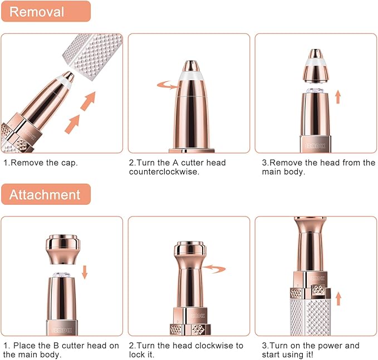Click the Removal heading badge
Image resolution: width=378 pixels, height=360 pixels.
pyautogui.click(x=46, y=11)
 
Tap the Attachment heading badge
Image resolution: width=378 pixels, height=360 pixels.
pyautogui.click(x=46, y=194)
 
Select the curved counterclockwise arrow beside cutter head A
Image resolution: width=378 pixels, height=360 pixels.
pyautogui.click(x=168, y=85)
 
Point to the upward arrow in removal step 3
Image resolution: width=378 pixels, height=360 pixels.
pyautogui.click(x=338, y=97)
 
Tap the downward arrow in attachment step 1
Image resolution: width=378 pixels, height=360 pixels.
pyautogui.click(x=85, y=272)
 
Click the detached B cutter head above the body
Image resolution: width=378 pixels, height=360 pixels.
pyautogui.click(x=63, y=249)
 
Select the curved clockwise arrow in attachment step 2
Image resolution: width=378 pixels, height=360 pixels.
pyautogui.click(x=214, y=268)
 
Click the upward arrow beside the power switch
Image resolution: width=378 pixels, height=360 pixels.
pyautogui.click(x=338, y=299)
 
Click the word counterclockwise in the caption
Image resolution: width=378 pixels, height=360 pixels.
pyautogui.click(x=164, y=172)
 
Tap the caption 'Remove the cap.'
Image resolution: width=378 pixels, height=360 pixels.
pyautogui.click(x=41, y=162)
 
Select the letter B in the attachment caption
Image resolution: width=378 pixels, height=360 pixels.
pyautogui.click(x=56, y=346)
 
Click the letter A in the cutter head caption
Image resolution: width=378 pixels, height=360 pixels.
pyautogui.click(x=175, y=162)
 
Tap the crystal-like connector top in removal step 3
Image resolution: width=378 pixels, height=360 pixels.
pyautogui.click(x=315, y=91)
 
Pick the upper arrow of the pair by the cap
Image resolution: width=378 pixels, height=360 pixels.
pyautogui.click(x=88, y=101)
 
